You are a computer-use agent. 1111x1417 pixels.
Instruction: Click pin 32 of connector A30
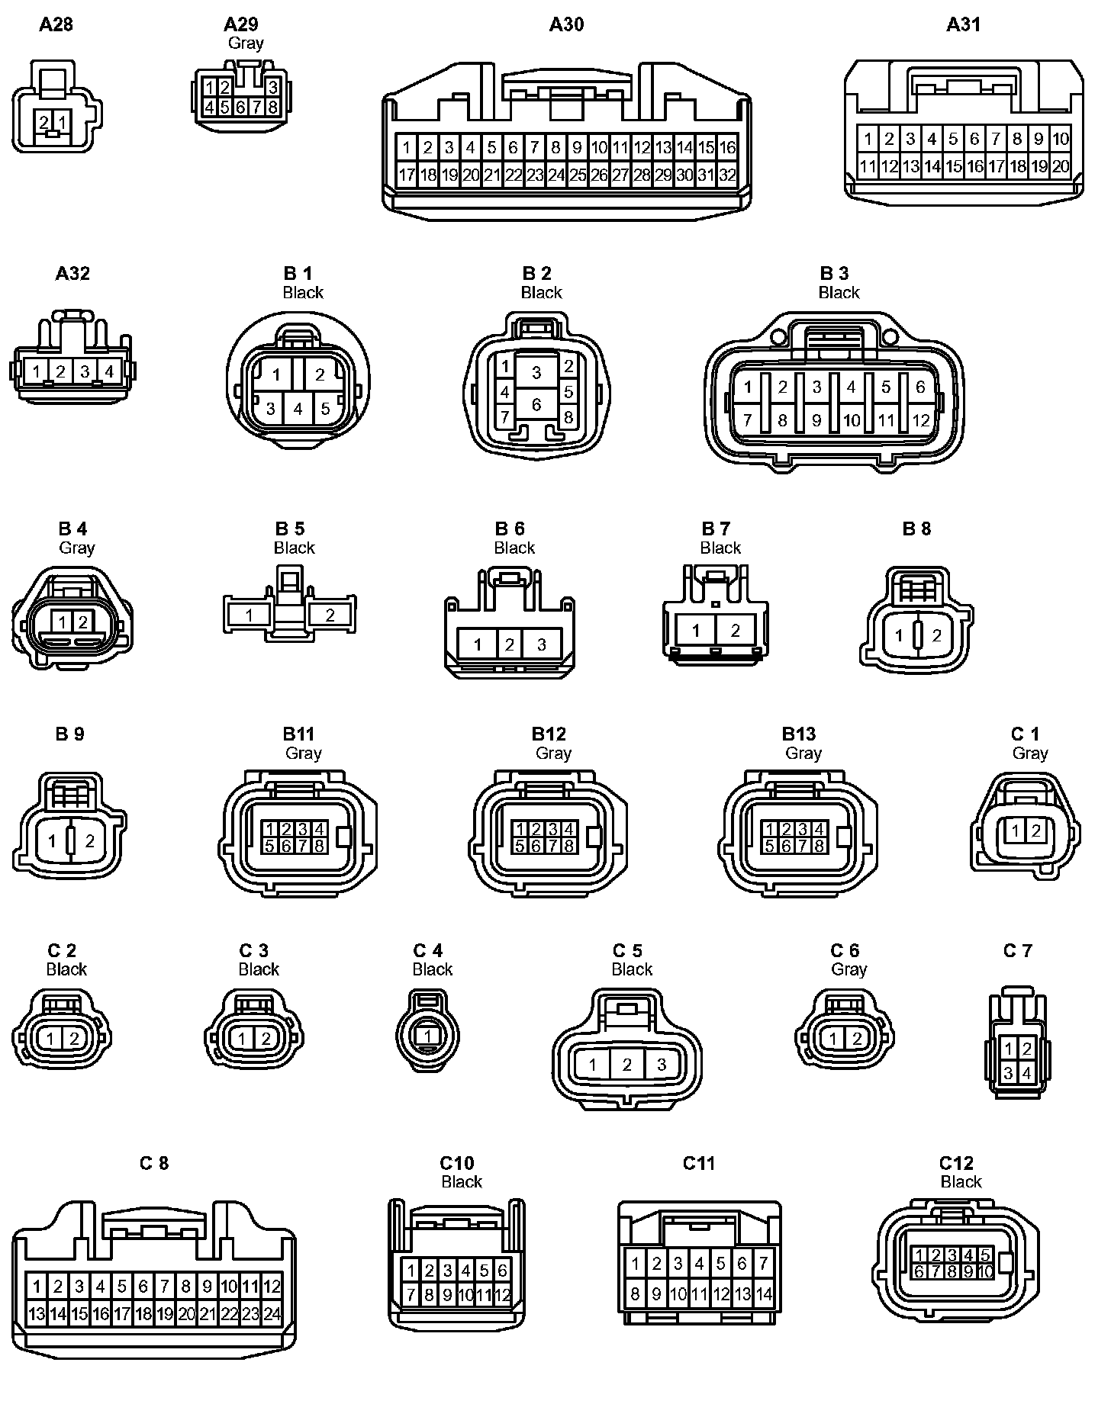pyautogui.click(x=727, y=175)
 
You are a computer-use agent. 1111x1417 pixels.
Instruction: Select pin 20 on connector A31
pyautogui.click(x=1061, y=166)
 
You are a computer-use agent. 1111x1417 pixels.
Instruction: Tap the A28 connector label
pyautogui.click(x=56, y=24)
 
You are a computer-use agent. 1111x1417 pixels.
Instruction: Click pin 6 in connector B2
pyautogui.click(x=536, y=404)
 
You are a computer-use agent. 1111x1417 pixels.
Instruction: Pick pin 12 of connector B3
pyautogui.click(x=921, y=419)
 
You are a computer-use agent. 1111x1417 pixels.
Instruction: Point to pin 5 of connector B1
pyautogui.click(x=325, y=409)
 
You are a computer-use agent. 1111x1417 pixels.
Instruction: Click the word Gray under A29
pyautogui.click(x=246, y=43)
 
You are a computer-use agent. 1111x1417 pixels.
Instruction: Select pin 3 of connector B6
pyautogui.click(x=541, y=645)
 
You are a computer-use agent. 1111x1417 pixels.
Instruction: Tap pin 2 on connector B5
pyautogui.click(x=330, y=615)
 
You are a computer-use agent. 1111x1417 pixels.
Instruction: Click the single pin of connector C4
pyautogui.click(x=428, y=1036)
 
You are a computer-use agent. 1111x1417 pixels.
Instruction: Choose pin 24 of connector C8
pyautogui.click(x=272, y=1314)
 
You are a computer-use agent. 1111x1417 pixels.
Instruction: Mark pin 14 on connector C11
pyautogui.click(x=763, y=1294)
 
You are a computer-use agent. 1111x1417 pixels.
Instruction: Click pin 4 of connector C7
pyautogui.click(x=1026, y=1073)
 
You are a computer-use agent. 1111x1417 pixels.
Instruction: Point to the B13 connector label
pyautogui.click(x=799, y=734)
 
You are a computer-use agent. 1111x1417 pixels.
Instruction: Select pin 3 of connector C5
pyautogui.click(x=661, y=1065)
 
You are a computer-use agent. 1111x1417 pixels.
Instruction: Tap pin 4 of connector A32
pyautogui.click(x=109, y=372)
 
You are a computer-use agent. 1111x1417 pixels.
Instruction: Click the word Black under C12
pyautogui.click(x=961, y=1181)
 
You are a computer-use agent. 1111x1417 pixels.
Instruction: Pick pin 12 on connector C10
pyautogui.click(x=502, y=1295)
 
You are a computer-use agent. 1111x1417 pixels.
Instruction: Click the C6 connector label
pyautogui.click(x=845, y=950)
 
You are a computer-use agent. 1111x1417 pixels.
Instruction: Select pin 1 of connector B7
pyautogui.click(x=696, y=631)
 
